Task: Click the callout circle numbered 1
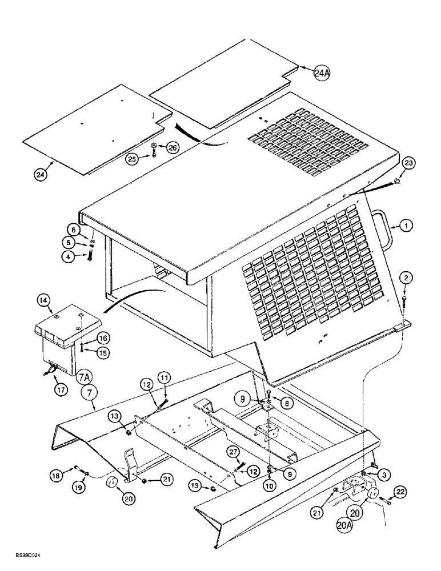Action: (x=406, y=227)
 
